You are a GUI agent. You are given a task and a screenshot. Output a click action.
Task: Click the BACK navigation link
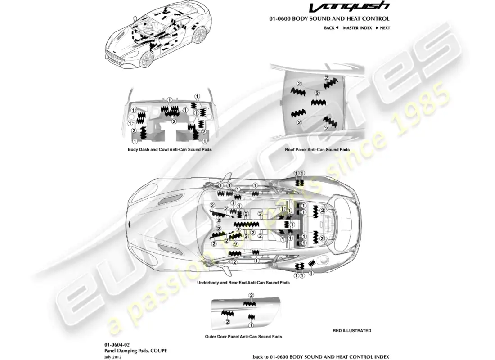(331, 28)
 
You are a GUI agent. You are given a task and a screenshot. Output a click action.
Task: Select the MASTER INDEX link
(357, 28)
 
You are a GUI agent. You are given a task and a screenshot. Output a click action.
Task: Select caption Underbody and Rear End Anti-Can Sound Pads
(243, 283)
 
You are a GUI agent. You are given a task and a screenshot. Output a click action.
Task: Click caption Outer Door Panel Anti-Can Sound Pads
(243, 336)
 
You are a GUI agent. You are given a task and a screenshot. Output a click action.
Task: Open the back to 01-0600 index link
(321, 356)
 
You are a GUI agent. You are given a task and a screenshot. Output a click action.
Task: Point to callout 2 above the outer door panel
(252, 295)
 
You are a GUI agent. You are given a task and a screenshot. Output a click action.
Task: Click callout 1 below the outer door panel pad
(251, 324)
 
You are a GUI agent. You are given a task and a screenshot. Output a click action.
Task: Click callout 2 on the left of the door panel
(227, 322)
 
